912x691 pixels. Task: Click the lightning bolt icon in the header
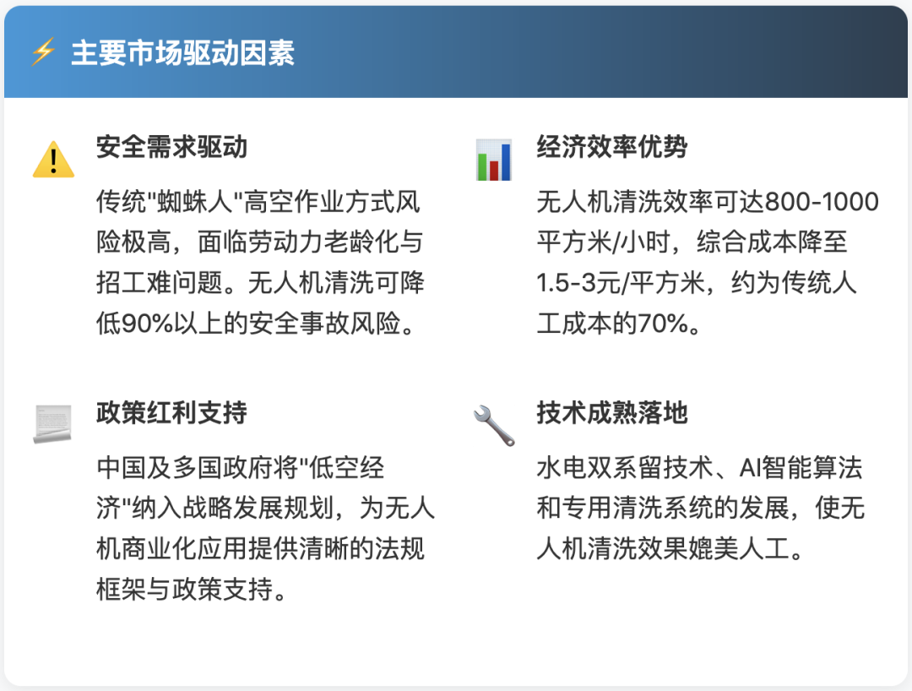click(42, 52)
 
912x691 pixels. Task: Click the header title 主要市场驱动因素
click(182, 52)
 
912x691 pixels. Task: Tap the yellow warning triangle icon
click(53, 159)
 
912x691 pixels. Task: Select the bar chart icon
click(493, 160)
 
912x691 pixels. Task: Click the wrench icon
click(494, 425)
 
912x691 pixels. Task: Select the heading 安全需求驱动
click(171, 147)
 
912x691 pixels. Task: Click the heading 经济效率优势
click(612, 147)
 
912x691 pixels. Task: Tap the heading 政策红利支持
click(171, 413)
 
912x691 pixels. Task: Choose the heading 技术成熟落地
click(612, 413)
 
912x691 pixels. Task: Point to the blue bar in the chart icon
click(506, 162)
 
